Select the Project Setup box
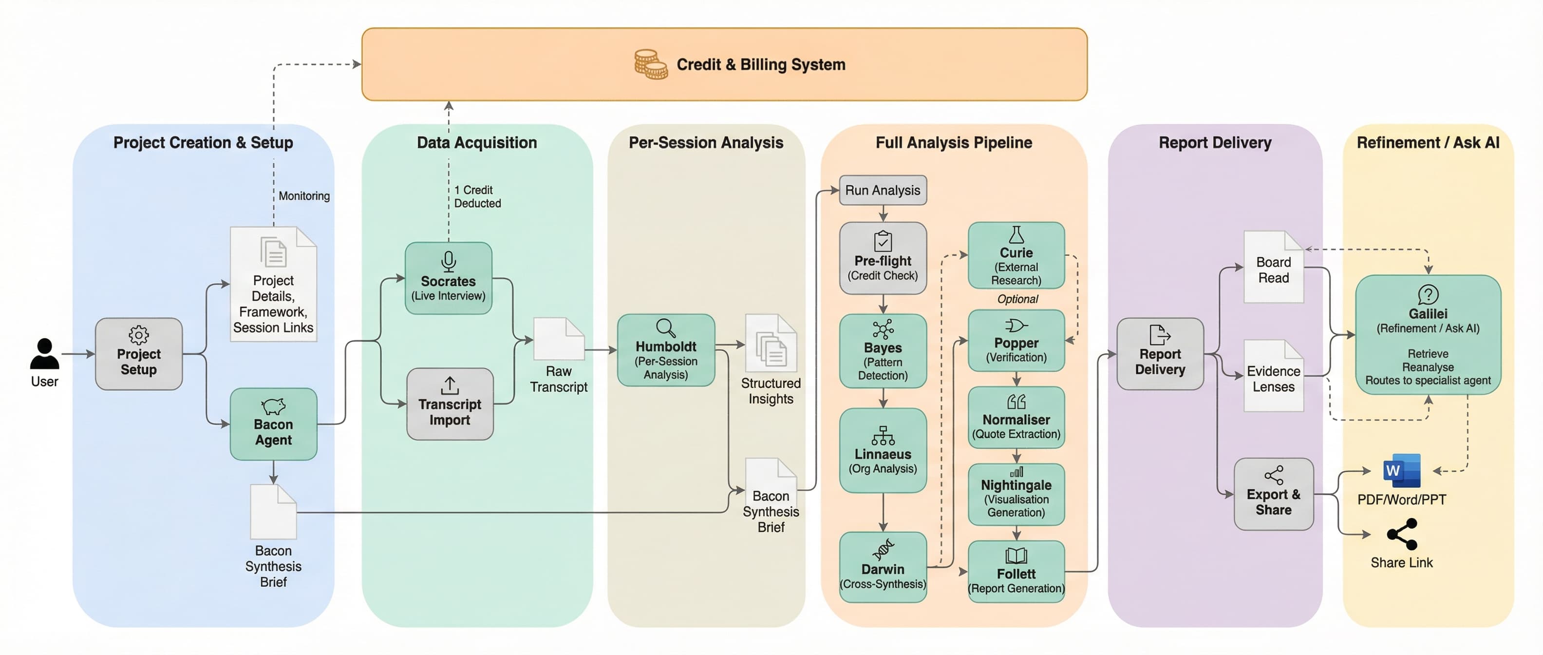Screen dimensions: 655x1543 pyautogui.click(x=138, y=354)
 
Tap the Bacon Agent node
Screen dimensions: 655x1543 pyautogui.click(x=273, y=424)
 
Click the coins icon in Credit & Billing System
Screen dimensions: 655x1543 pyautogui.click(x=651, y=65)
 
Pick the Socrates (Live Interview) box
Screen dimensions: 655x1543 pyautogui.click(x=448, y=279)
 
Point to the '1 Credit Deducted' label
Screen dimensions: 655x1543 pyautogui.click(x=477, y=196)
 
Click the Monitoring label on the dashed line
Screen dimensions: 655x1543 pyautogui.click(x=304, y=196)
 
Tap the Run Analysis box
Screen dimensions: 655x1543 pyautogui.click(x=883, y=191)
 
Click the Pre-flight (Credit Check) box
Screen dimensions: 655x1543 pyautogui.click(x=883, y=258)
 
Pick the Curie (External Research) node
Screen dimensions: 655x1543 pyautogui.click(x=1016, y=256)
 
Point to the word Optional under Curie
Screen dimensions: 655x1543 pyautogui.click(x=1017, y=299)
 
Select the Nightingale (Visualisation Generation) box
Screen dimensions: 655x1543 pyautogui.click(x=1016, y=494)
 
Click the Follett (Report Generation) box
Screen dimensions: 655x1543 pyautogui.click(x=1016, y=572)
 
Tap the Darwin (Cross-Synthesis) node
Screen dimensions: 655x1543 pyautogui.click(x=883, y=567)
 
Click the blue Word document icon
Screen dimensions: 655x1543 pyautogui.click(x=1401, y=471)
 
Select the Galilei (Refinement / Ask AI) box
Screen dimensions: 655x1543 pyautogui.click(x=1428, y=334)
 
